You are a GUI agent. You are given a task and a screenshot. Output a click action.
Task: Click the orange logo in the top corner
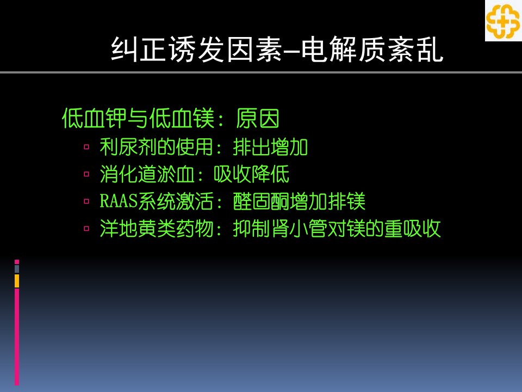[x=503, y=21]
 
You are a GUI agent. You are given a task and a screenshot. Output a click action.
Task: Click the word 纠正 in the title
[x=139, y=50]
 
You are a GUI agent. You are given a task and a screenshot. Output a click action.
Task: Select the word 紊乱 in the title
[x=415, y=50]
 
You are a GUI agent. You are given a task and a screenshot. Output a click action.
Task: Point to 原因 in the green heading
[x=258, y=118]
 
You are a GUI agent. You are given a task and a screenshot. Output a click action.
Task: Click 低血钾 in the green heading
[x=94, y=118]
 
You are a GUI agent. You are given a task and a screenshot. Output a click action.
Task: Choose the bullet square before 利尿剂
[x=86, y=146]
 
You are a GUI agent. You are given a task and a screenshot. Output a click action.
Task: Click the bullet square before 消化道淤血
[x=86, y=174]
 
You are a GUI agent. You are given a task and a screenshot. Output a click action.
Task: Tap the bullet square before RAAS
[x=86, y=201]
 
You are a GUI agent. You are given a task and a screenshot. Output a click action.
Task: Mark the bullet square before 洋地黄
[x=86, y=229]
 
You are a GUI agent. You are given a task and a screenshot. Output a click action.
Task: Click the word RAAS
[x=119, y=201]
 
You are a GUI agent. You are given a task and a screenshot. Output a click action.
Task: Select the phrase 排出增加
[x=270, y=146]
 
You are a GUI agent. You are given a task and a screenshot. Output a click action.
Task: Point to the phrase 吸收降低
[x=251, y=174]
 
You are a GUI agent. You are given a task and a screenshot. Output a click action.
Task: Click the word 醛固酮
[x=261, y=201]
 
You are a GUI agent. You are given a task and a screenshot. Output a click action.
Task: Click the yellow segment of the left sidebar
[x=17, y=281]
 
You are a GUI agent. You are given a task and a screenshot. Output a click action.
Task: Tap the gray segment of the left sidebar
[x=17, y=269]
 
